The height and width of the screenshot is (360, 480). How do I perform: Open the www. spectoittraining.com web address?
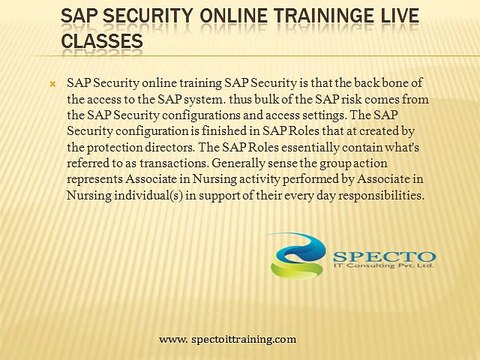[x=228, y=341]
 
